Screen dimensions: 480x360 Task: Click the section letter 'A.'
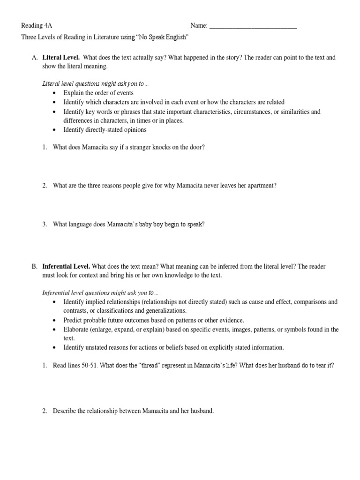click(34, 58)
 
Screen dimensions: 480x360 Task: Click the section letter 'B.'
click(34, 266)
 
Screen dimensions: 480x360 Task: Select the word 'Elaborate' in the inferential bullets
click(76, 330)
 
